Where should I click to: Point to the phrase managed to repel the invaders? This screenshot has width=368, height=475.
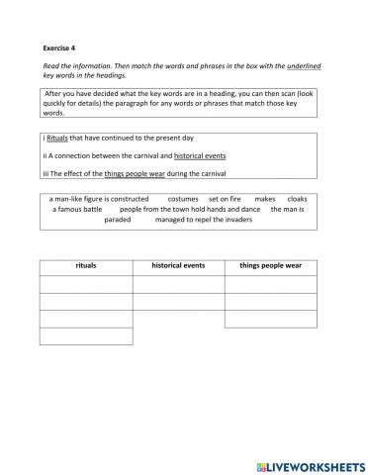coord(212,220)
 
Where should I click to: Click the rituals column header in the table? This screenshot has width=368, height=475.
coord(86,266)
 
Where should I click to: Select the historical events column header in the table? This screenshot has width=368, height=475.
coord(178,266)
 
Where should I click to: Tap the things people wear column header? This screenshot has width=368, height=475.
coord(271,266)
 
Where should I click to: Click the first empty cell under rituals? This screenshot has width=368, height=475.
coord(86,284)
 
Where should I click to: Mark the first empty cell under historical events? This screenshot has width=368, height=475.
coord(178,284)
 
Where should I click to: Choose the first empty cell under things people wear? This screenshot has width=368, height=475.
coord(271,284)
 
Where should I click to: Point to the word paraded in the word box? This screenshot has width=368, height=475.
coord(118,220)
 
